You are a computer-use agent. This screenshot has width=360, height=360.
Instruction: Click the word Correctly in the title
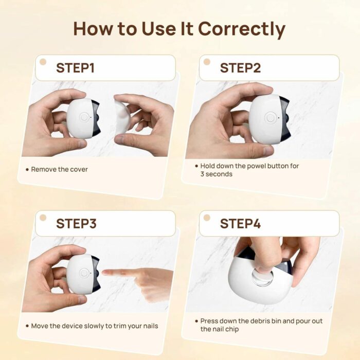pos(241,29)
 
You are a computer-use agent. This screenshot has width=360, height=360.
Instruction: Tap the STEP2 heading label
pos(240,68)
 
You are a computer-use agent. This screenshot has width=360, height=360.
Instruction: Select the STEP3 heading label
pos(76,224)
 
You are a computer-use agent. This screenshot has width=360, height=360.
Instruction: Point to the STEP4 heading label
pos(240,224)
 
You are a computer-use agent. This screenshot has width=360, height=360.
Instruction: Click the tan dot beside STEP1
pos(43,62)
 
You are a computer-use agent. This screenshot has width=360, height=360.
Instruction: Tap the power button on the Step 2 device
pos(270,118)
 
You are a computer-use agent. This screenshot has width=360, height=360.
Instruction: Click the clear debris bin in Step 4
pos(262,278)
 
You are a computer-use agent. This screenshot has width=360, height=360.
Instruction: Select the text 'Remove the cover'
pos(59,169)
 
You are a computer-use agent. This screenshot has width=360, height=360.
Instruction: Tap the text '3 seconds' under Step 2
pos(216,174)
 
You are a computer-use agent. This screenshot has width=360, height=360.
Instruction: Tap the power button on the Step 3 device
pos(84,273)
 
